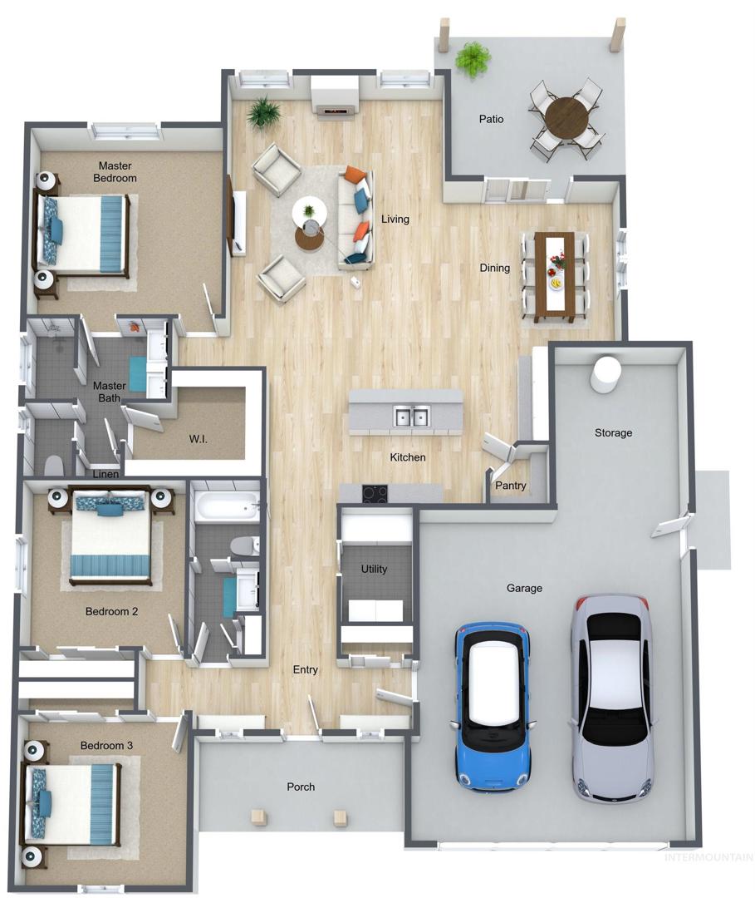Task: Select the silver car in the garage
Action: pos(613,697)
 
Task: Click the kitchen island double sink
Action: pos(411,417)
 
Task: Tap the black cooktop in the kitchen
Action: pos(375,493)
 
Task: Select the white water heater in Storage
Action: pos(605,374)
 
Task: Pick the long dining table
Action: pos(554,277)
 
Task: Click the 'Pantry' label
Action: pos(510,485)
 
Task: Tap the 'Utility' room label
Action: pos(374,569)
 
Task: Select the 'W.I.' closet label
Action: pos(198,439)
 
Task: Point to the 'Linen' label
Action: pos(105,474)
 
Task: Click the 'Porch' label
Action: pos(301,787)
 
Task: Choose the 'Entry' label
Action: pos(306,669)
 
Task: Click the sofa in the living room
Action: pos(355,218)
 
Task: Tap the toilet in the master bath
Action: pos(54,465)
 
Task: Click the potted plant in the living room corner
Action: pos(263,112)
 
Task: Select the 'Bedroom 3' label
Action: pos(106,745)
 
